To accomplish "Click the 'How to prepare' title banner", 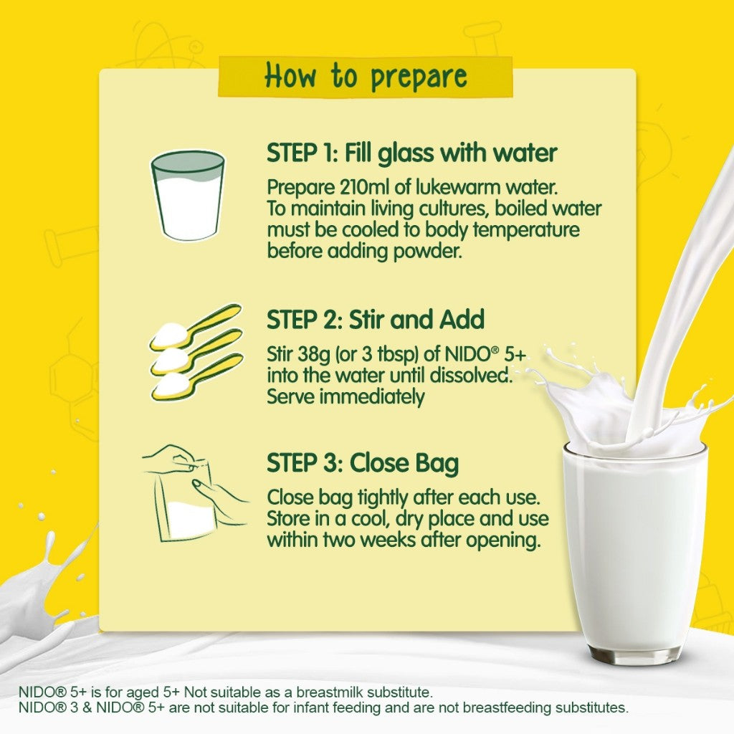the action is coord(365,77).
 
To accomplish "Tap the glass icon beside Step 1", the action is coord(187,195).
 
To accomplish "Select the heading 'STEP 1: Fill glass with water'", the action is coord(412,153).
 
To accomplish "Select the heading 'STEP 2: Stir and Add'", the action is coord(376,320).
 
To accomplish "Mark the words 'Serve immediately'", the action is coord(346,397).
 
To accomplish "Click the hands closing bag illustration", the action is coord(195,493).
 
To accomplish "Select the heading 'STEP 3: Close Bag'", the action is coord(363,464).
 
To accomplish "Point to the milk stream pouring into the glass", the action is coord(674,300).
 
